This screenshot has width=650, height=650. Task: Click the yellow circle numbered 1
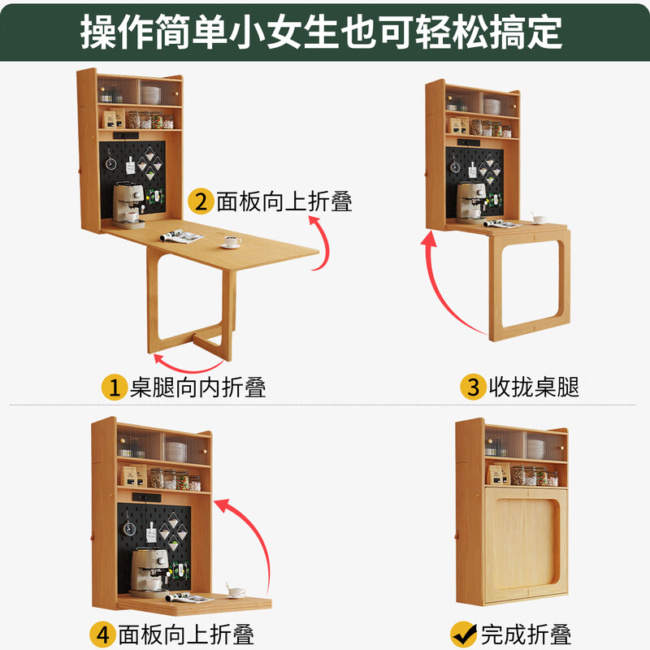[114, 387]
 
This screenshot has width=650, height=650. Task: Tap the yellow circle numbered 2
[200, 200]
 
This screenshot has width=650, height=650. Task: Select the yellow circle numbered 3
[472, 387]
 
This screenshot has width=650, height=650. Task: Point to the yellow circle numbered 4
[102, 633]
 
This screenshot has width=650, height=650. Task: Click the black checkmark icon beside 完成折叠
[463, 633]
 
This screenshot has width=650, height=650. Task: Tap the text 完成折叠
[526, 633]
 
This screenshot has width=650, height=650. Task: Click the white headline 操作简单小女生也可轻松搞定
[325, 31]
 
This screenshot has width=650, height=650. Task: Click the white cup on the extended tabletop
[232, 240]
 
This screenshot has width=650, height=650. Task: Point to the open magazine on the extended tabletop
[182, 236]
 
